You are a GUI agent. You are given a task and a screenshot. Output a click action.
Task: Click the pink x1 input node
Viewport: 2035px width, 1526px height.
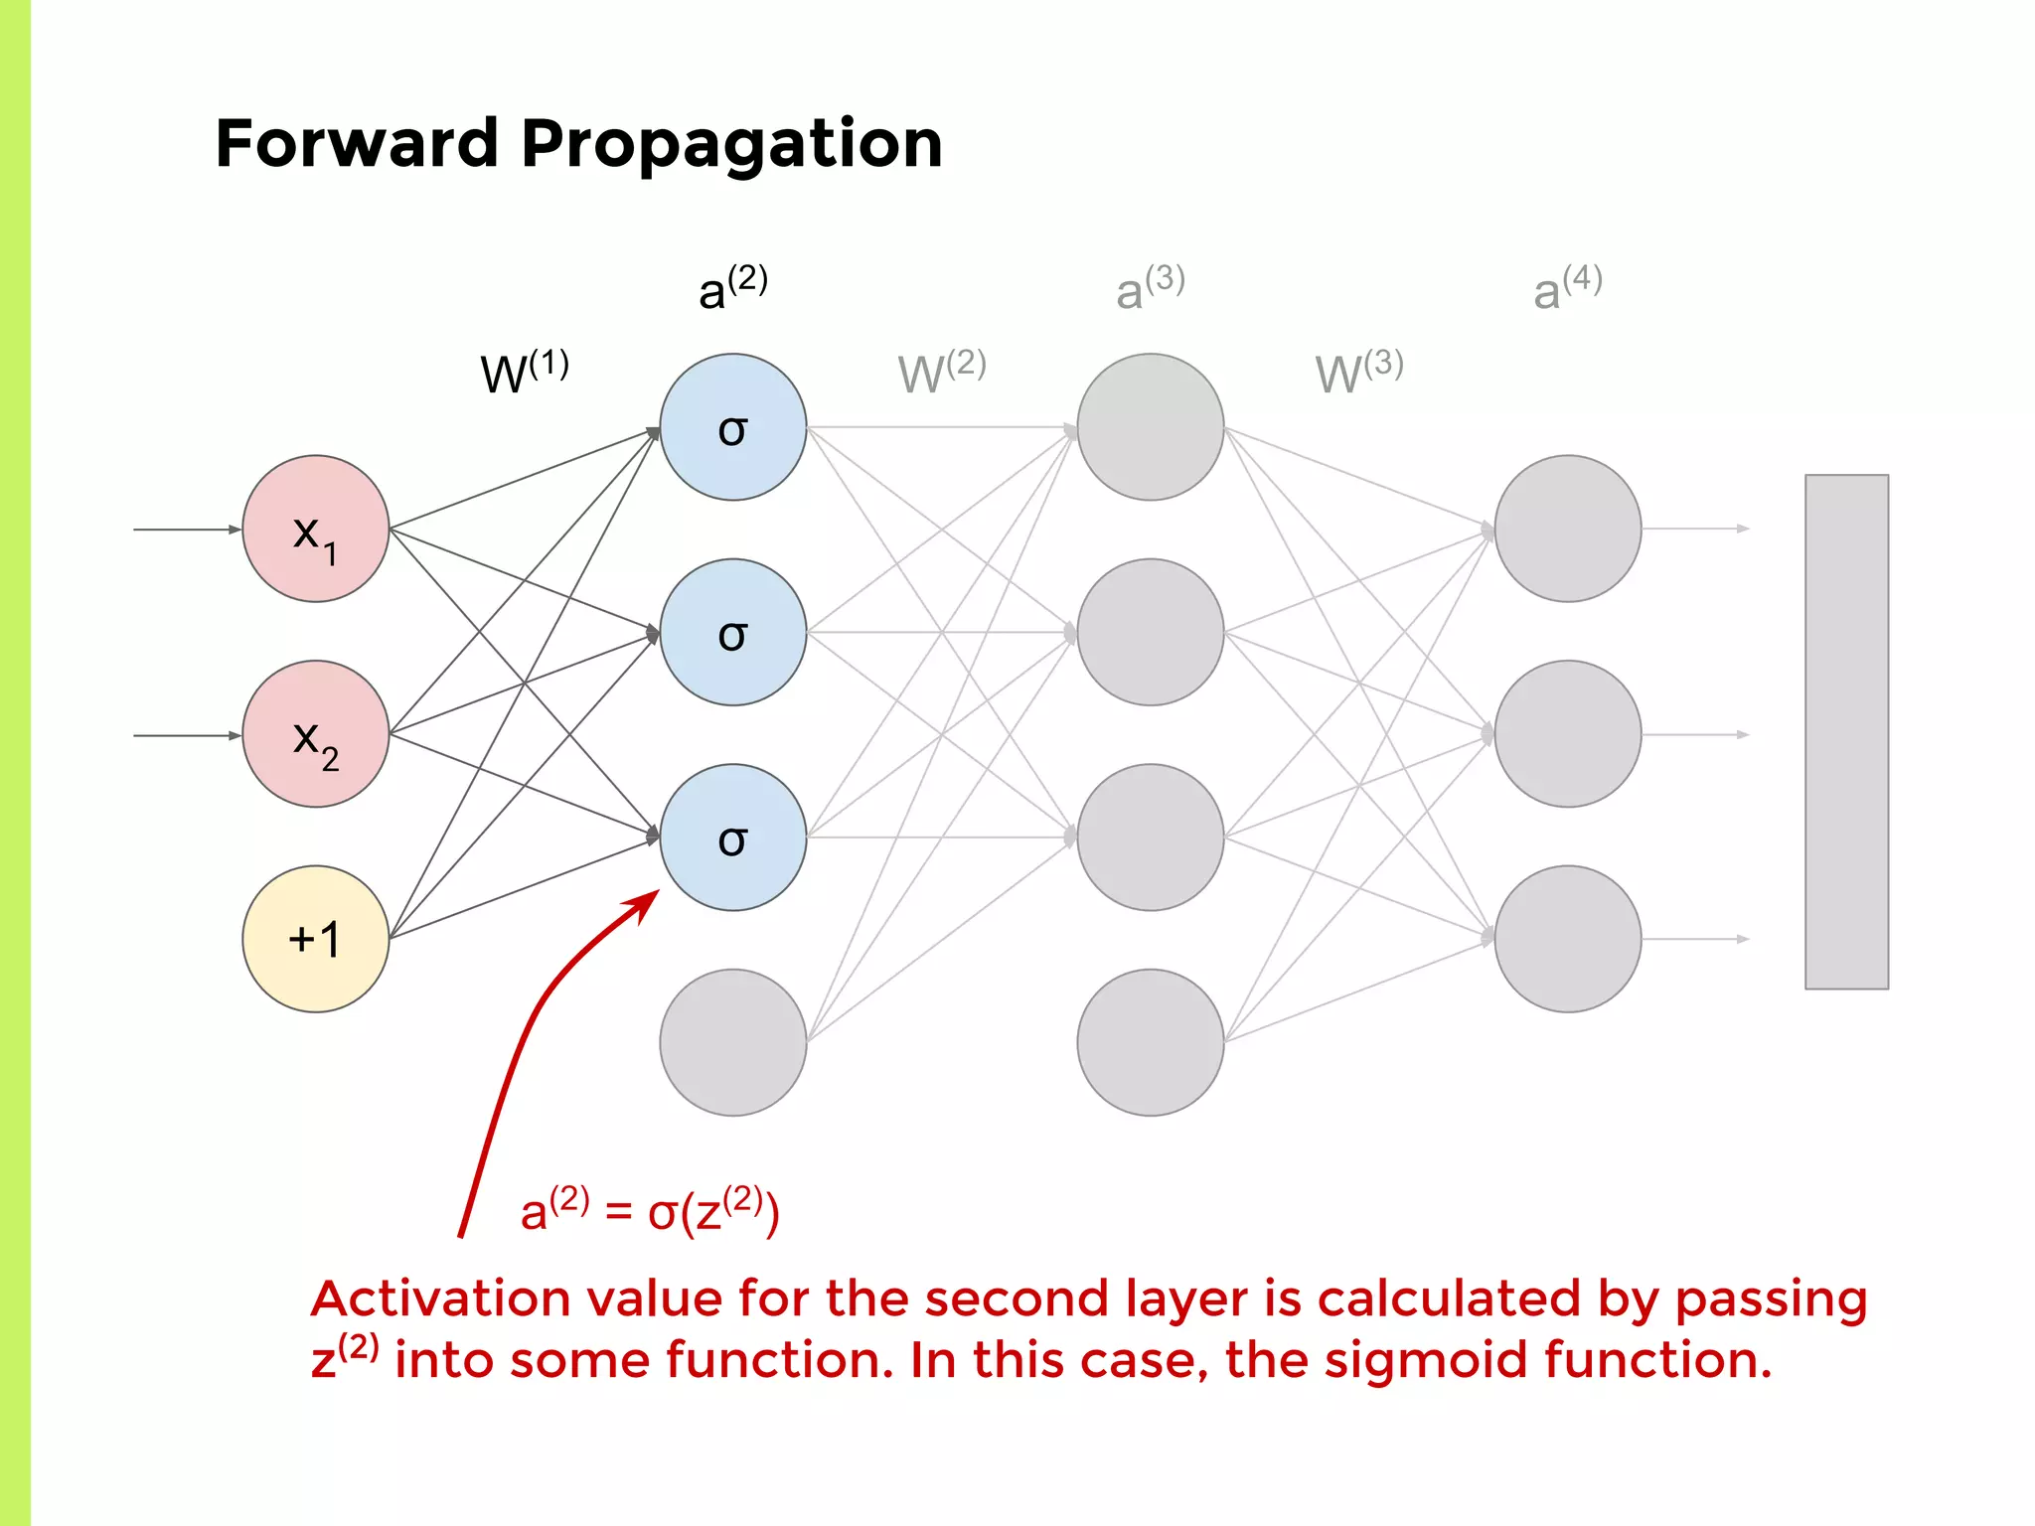click(315, 529)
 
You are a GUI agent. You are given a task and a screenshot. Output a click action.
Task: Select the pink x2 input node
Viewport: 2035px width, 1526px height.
click(315, 734)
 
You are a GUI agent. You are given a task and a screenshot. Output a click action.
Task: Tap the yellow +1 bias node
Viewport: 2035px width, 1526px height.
click(315, 939)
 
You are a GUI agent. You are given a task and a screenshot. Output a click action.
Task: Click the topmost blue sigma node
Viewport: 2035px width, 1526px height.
click(732, 427)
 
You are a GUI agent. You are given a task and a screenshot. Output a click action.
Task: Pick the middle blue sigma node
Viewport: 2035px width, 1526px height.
click(732, 632)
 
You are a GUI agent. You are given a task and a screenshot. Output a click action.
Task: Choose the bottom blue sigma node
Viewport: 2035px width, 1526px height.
click(732, 838)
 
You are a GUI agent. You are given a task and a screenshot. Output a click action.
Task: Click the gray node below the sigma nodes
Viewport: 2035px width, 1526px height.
click(732, 1042)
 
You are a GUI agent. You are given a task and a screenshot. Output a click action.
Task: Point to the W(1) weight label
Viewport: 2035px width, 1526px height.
click(524, 372)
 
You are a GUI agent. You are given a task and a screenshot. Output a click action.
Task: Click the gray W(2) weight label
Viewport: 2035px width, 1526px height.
click(941, 372)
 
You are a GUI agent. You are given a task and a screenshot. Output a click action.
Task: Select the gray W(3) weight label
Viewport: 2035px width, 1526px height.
click(1358, 372)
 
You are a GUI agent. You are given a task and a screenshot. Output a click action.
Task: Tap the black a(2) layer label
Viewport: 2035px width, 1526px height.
click(732, 288)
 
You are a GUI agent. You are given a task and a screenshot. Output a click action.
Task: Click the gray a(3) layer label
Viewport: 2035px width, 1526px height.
click(1150, 288)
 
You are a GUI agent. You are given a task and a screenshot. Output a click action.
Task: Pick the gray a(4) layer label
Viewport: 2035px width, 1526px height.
click(1567, 288)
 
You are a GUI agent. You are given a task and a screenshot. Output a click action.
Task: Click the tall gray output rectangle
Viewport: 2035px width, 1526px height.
click(1846, 731)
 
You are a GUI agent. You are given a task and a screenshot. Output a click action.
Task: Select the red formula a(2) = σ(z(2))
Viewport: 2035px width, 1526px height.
click(650, 1210)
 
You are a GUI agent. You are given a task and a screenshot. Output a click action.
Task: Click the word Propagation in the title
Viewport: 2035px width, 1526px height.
click(731, 144)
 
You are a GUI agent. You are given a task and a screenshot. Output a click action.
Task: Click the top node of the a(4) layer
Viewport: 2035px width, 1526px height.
click(1567, 529)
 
